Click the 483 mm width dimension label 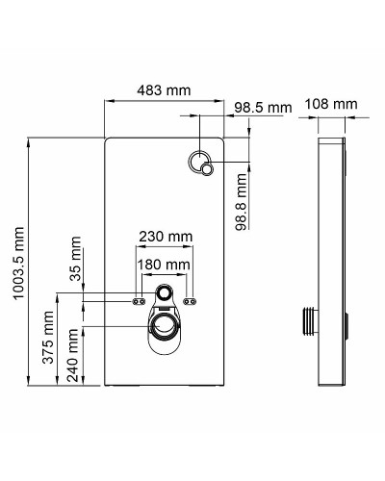(164, 89)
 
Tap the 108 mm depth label (330, 103)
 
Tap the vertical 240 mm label (74, 356)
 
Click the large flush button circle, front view (199, 162)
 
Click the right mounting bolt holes (191, 301)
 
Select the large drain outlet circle (165, 323)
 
